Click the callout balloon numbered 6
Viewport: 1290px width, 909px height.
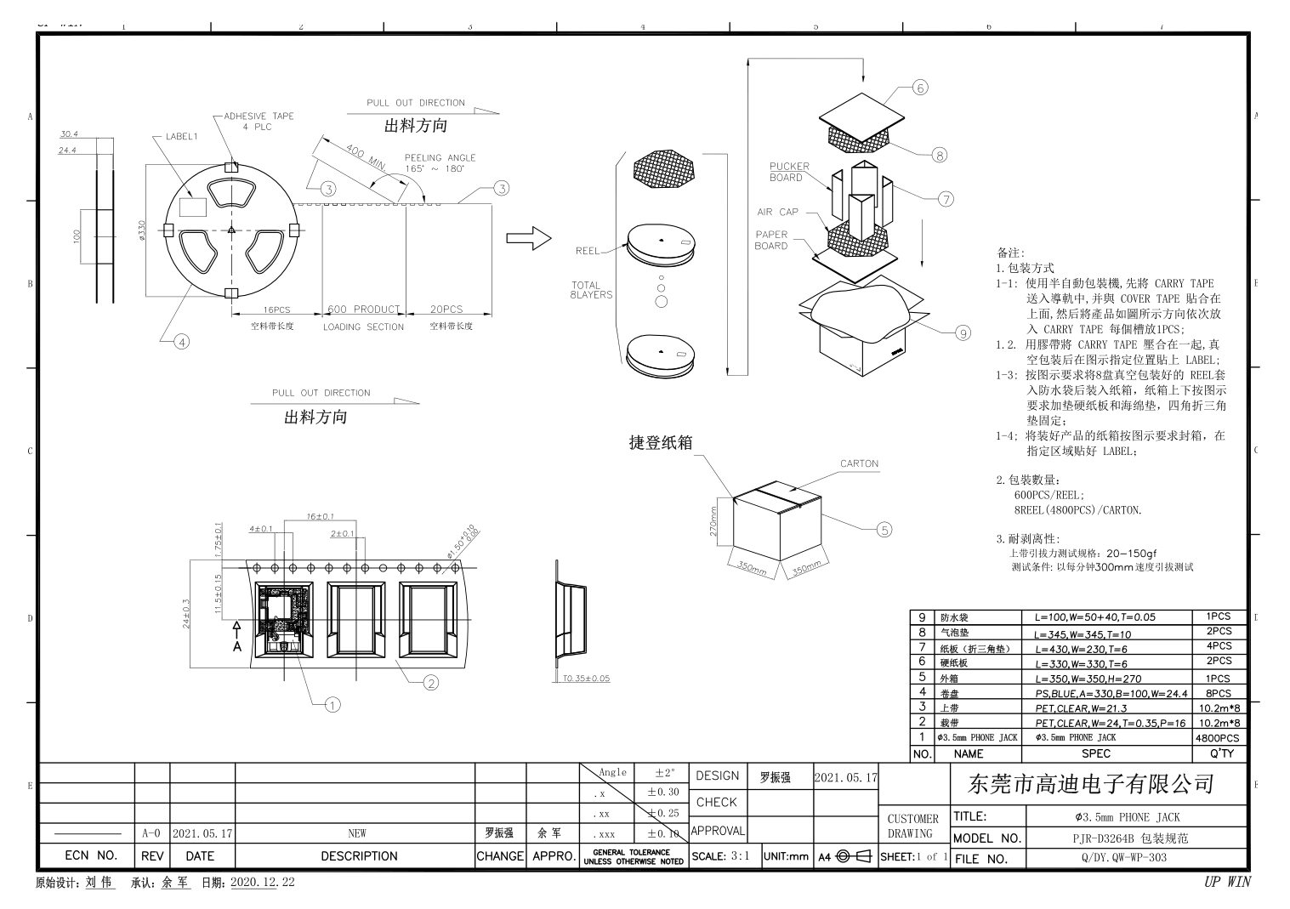[x=919, y=88]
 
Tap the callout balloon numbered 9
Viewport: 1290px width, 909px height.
[x=963, y=333]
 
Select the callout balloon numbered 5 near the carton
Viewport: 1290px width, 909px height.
[x=884, y=530]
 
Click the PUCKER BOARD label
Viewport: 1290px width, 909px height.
[x=789, y=172]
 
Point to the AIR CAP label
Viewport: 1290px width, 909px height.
[x=777, y=212]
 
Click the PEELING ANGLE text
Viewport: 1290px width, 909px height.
[x=440, y=157]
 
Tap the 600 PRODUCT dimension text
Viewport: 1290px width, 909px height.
[x=363, y=310]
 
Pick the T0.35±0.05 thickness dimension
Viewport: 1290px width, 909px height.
[x=585, y=679]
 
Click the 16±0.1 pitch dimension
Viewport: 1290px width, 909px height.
[x=320, y=516]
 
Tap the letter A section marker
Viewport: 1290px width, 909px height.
[x=237, y=646]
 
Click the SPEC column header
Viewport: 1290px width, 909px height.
[x=1095, y=753]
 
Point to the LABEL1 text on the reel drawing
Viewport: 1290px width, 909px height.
[x=181, y=136]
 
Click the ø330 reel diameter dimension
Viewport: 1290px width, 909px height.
[x=142, y=230]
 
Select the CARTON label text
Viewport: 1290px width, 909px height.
[x=859, y=463]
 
